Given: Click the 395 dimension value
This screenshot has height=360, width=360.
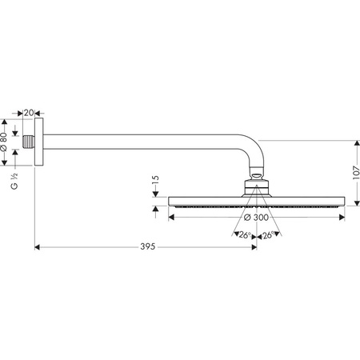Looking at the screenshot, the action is [148, 246].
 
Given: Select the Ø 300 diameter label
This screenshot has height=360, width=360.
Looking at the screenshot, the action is [256, 218].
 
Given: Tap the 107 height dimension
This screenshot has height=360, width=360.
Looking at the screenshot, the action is [356, 173].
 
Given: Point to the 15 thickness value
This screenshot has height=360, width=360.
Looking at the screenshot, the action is [156, 179].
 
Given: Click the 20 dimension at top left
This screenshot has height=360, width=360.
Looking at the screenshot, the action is [29, 113].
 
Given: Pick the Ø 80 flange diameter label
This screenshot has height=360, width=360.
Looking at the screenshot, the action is [4, 142].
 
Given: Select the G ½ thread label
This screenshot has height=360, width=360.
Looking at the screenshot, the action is [14, 181].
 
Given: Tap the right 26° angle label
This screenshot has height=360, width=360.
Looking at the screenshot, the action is [268, 235].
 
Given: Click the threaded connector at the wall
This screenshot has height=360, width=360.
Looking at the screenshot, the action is [29, 142].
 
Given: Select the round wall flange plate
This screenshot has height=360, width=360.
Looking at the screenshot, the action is [39, 142].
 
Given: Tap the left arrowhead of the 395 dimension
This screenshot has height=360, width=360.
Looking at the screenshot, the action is [38, 247].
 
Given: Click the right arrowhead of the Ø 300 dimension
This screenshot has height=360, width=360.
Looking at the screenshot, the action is [342, 218].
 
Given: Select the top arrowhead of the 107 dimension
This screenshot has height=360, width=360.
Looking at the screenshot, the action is [357, 143].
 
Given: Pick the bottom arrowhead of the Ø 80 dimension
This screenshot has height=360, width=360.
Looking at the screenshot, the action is [4, 162].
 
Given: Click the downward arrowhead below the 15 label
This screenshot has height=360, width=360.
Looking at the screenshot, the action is [156, 194].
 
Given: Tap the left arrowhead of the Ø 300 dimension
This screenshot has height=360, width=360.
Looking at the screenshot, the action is [171, 218].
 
